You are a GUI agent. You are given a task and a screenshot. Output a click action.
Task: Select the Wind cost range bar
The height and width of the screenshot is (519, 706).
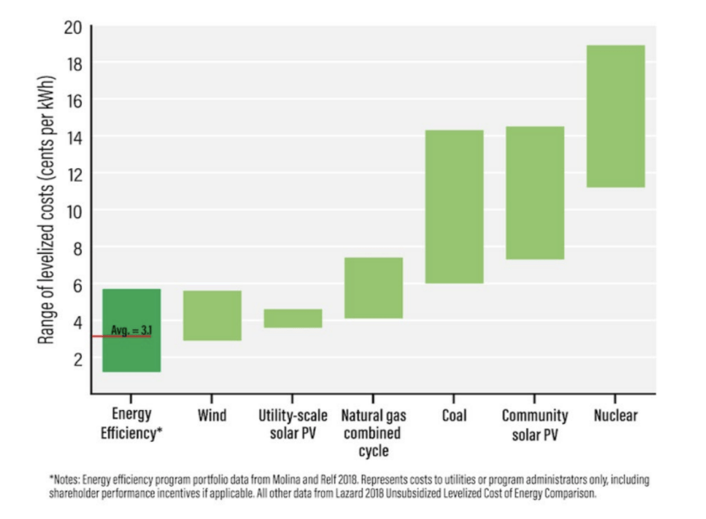pyautogui.click(x=212, y=315)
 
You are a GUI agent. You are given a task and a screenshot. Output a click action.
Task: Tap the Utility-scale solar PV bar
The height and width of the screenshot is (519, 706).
pyautogui.click(x=293, y=318)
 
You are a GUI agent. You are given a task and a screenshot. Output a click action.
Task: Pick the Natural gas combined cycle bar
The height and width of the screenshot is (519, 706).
pyautogui.click(x=373, y=287)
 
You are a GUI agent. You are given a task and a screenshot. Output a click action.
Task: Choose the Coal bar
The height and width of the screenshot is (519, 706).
pyautogui.click(x=454, y=206)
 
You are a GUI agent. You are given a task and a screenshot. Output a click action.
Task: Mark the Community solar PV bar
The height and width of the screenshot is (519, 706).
pyautogui.click(x=534, y=192)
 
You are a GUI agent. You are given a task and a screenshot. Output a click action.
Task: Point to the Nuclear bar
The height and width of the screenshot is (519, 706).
pyautogui.click(x=615, y=116)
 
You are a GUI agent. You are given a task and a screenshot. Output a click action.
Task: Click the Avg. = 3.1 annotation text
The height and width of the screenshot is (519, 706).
pyautogui.click(x=131, y=331)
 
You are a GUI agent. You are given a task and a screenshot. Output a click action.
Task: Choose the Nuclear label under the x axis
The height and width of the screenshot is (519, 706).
pyautogui.click(x=615, y=416)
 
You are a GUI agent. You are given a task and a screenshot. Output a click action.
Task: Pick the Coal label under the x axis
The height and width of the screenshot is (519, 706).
pyautogui.click(x=454, y=416)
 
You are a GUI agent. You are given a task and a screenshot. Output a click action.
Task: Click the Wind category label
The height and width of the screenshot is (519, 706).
pyautogui.click(x=212, y=416)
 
